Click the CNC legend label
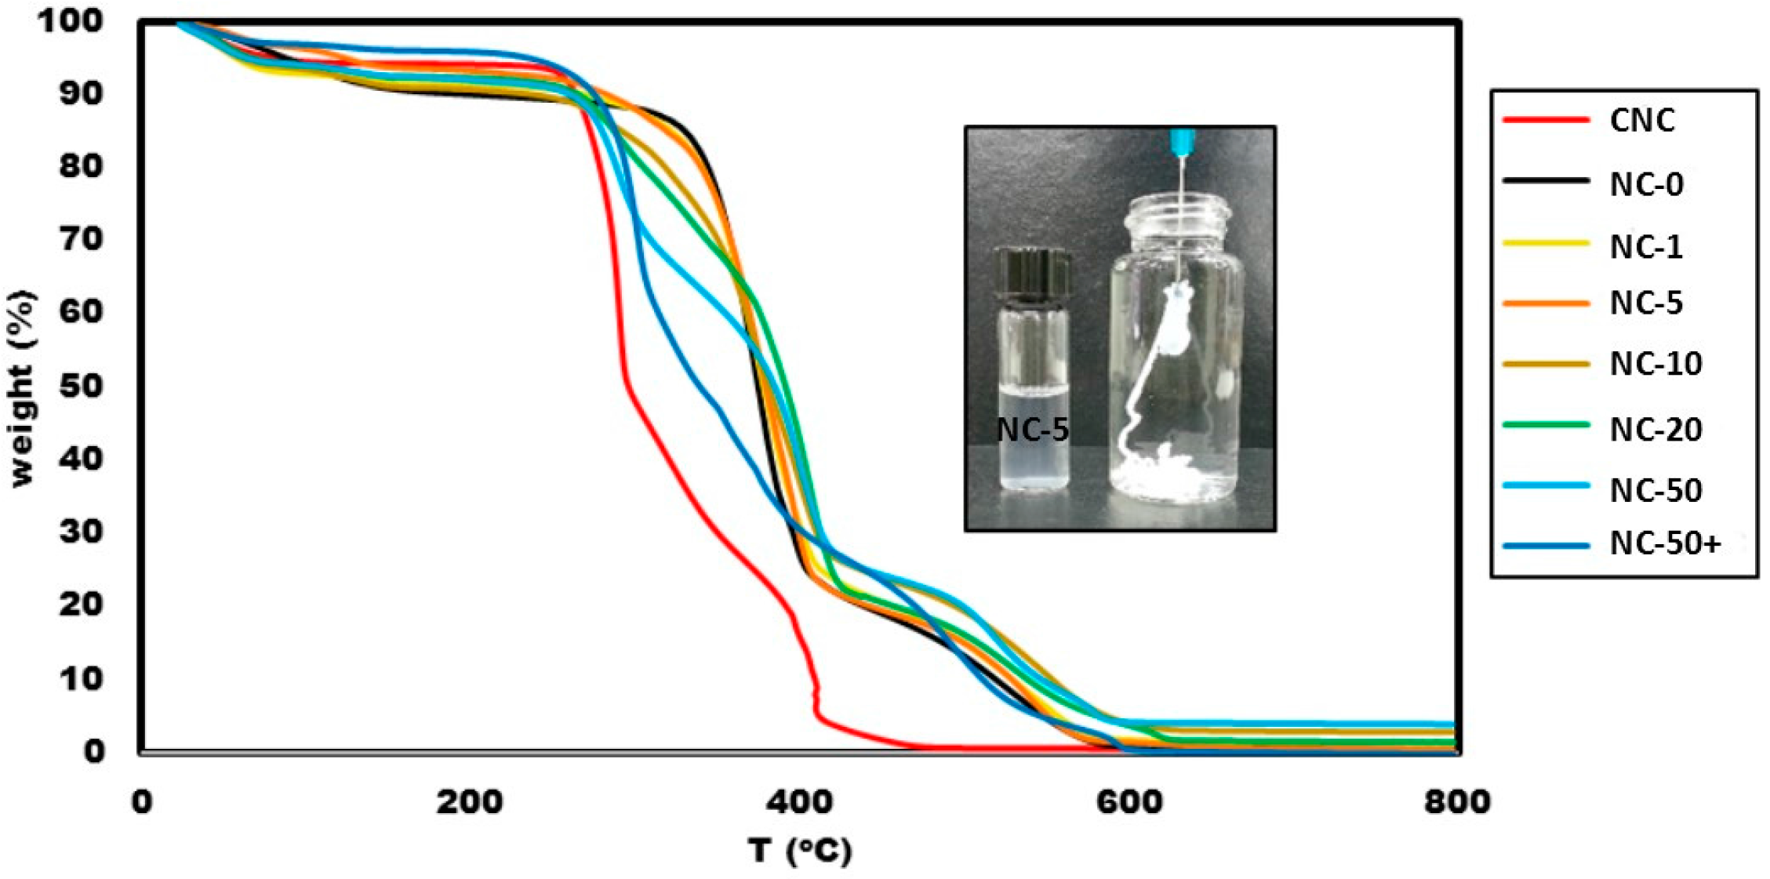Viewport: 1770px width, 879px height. (1641, 121)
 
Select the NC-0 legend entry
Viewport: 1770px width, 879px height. (1646, 184)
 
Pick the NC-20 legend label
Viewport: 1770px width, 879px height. (1656, 430)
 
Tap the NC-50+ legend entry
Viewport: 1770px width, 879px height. (1665, 543)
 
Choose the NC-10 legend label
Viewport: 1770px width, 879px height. (1656, 364)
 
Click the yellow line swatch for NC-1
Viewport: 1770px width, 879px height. (1545, 244)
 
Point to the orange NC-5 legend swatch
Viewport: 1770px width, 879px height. (1545, 303)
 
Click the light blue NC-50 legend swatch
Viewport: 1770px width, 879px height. (1545, 486)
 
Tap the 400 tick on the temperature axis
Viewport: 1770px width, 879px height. (799, 802)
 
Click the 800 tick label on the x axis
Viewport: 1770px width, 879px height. (1456, 802)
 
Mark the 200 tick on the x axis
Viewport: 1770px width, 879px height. (470, 802)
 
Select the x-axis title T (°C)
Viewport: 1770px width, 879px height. (799, 851)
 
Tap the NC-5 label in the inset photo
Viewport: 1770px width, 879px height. (1032, 430)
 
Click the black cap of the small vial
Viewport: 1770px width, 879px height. (1032, 274)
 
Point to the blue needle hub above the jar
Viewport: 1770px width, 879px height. (1182, 140)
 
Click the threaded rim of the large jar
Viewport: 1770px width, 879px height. (1178, 209)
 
